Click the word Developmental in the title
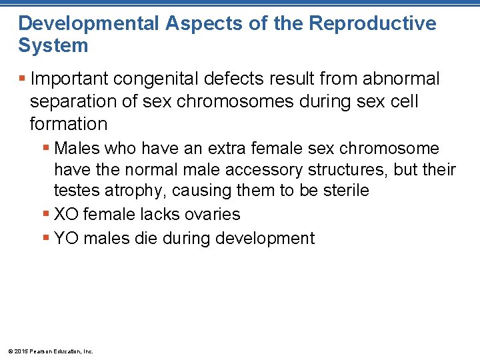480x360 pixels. click(x=88, y=24)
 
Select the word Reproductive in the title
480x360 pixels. click(x=373, y=24)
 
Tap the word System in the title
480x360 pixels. click(x=53, y=46)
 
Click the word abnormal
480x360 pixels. click(x=401, y=79)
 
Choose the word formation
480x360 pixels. click(x=69, y=124)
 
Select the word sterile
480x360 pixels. click(x=345, y=191)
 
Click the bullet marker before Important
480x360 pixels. click(x=22, y=79)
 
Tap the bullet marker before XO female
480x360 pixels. click(x=46, y=215)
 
